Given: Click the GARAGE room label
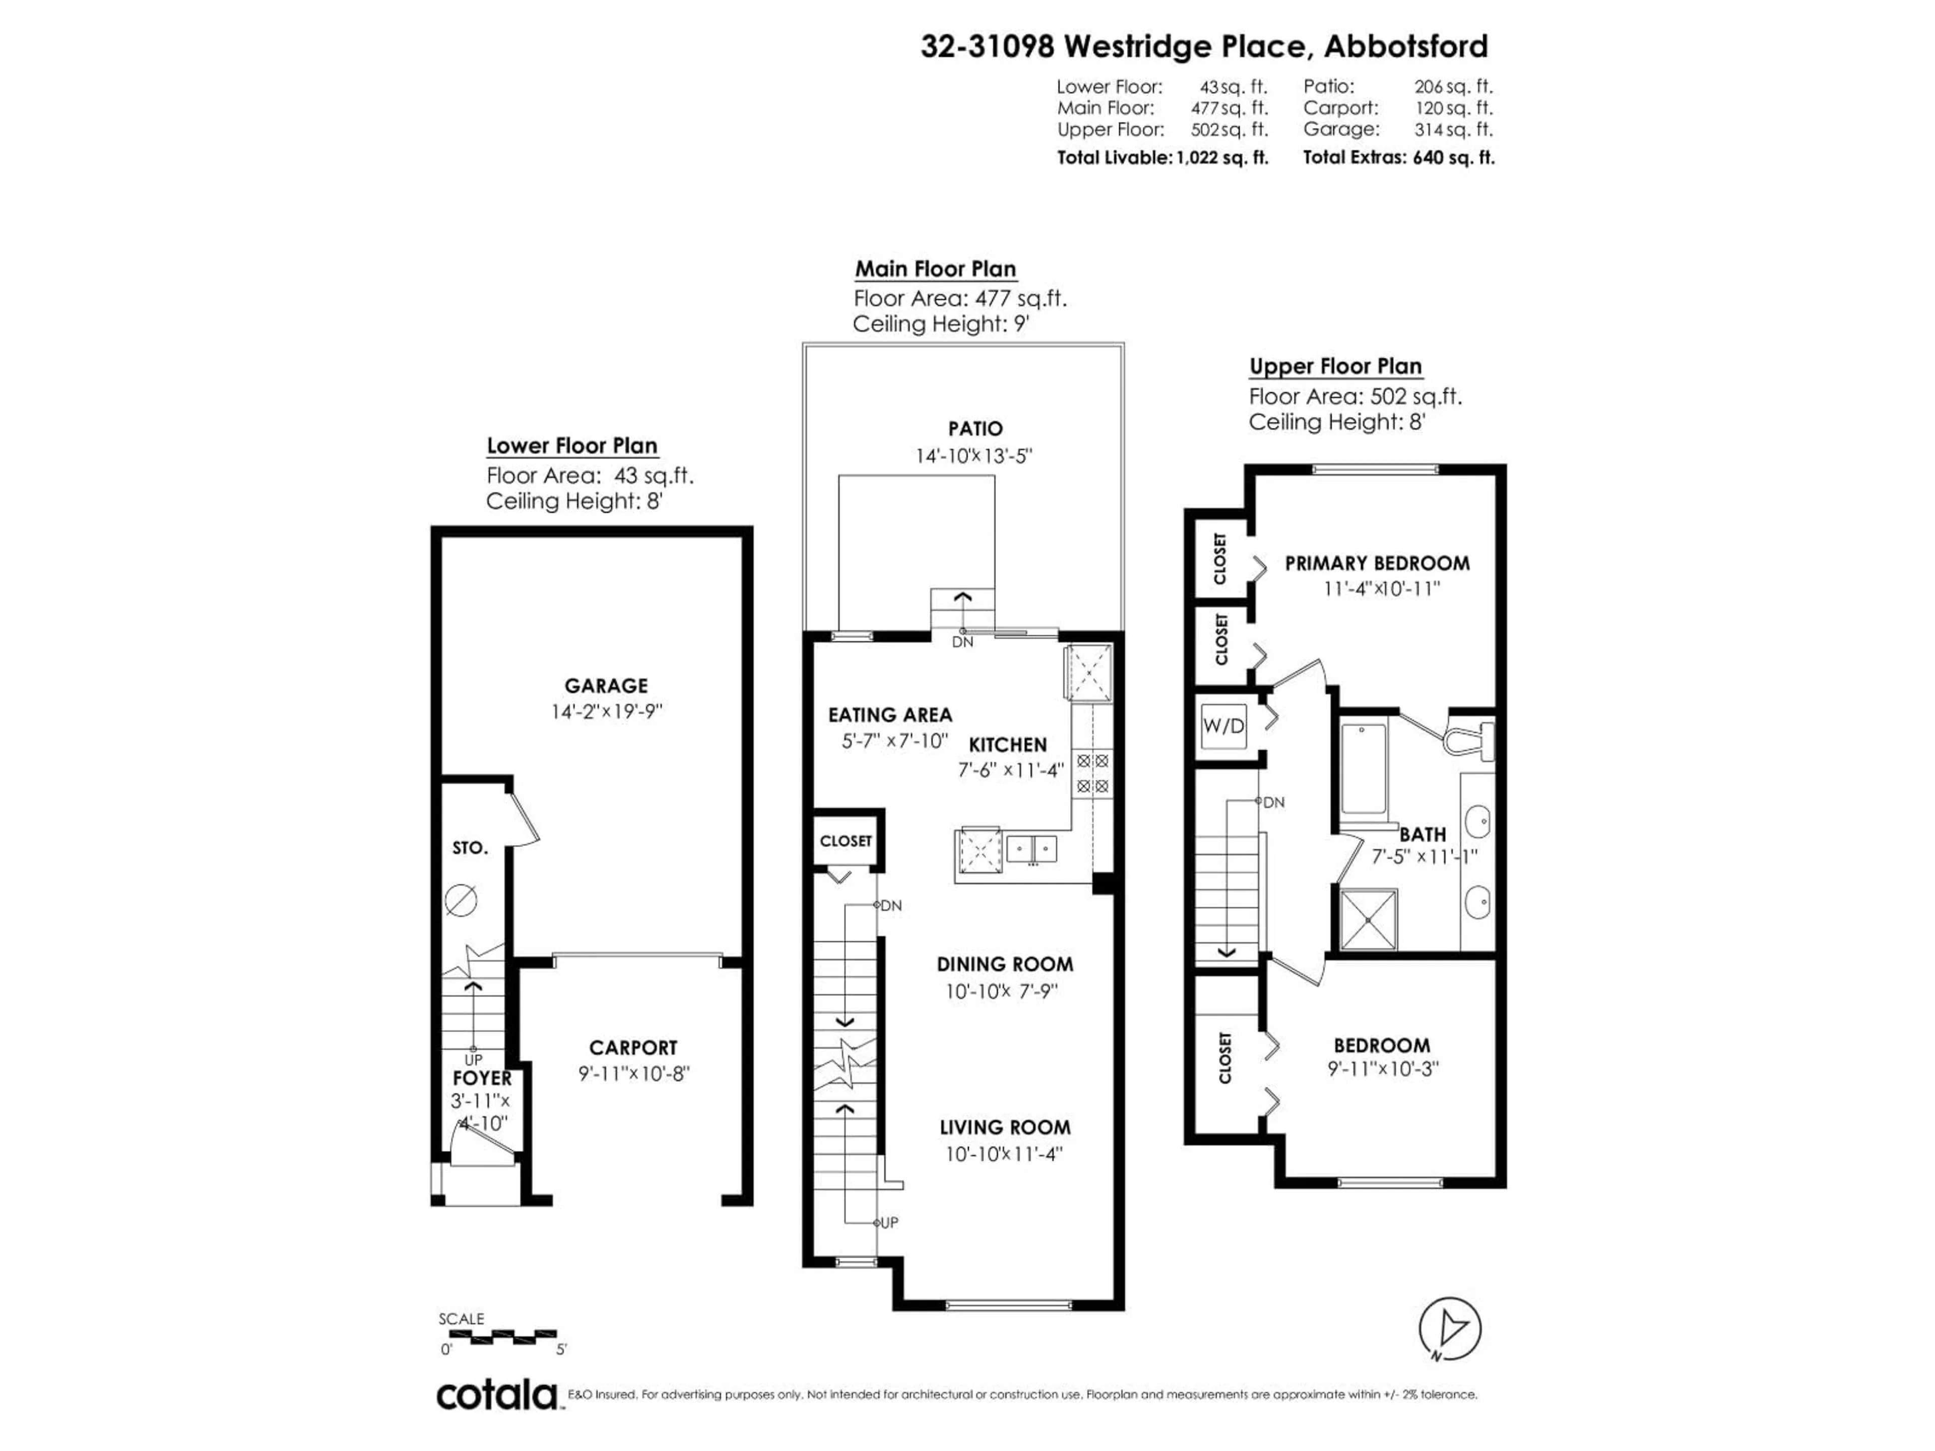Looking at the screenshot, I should pos(605,686).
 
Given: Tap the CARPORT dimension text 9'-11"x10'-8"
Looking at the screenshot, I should pos(633,1073).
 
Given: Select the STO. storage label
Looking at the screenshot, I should pos(470,847).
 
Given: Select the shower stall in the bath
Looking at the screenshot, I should pos(1369,918).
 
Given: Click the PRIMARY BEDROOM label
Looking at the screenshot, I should pos(1377,563).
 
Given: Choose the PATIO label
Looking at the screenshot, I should pos(976,429).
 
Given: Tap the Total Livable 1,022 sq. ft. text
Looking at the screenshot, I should pos(1162,157).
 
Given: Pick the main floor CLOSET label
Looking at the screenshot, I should pos(845,840).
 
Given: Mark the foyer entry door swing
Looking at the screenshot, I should pos(472,1140).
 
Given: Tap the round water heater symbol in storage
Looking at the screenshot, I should pos(461,899).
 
